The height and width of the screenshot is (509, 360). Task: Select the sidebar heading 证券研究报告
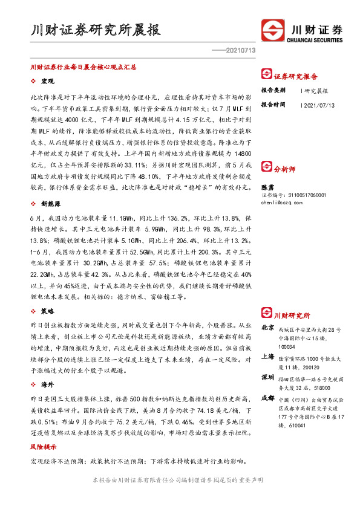(x=296, y=77)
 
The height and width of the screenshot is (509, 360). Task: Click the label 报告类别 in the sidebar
(x=273, y=90)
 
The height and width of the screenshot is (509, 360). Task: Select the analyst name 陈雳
(x=267, y=188)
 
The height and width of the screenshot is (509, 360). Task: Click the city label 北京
(x=267, y=327)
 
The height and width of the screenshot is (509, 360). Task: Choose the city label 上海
(x=267, y=357)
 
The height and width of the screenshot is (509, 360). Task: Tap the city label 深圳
(x=267, y=377)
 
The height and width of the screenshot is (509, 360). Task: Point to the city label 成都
(x=267, y=398)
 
